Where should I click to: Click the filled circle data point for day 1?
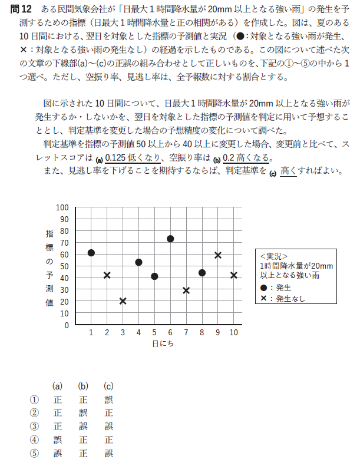click(x=91, y=253)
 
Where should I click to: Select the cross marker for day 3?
click(x=123, y=301)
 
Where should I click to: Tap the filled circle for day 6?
click(x=170, y=239)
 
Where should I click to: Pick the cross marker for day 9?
click(x=218, y=255)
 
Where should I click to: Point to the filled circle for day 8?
click(x=202, y=273)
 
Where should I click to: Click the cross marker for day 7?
click(x=186, y=290)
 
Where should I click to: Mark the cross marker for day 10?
click(x=234, y=275)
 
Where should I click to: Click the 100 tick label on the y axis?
click(x=62, y=207)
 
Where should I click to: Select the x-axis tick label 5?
click(x=154, y=333)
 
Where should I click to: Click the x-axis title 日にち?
click(x=162, y=344)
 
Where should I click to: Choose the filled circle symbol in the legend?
click(x=263, y=288)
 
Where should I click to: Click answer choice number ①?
click(x=34, y=399)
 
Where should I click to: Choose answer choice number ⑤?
click(x=34, y=453)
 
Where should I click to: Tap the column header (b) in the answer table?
click(x=83, y=386)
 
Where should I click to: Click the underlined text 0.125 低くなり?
click(x=135, y=158)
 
